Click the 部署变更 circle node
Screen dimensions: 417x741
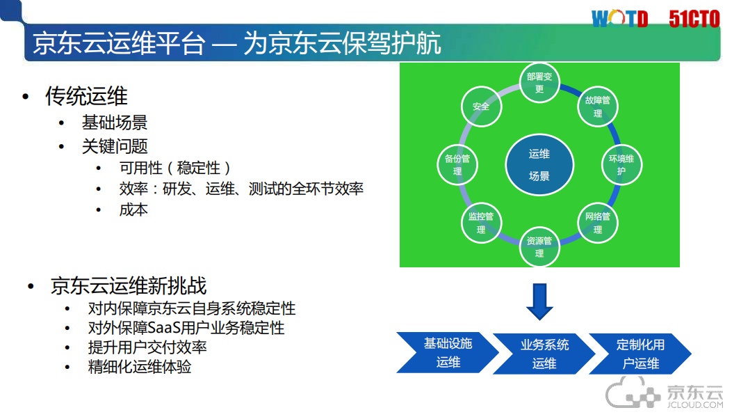coord(539,83)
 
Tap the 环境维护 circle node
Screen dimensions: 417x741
coord(621,164)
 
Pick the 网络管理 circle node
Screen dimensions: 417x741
coord(597,223)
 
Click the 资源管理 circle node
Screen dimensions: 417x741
coord(539,247)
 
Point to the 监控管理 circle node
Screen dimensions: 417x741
coord(481,223)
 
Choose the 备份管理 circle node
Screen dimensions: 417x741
coord(457,164)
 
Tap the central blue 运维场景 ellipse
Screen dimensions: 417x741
coord(539,165)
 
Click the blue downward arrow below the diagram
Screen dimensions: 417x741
coord(539,300)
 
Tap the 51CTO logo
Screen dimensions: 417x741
coord(694,19)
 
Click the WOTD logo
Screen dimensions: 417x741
coord(619,19)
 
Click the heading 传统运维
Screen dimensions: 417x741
coord(86,96)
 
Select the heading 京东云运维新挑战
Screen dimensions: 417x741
coord(128,285)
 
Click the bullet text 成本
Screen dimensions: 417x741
coord(133,210)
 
